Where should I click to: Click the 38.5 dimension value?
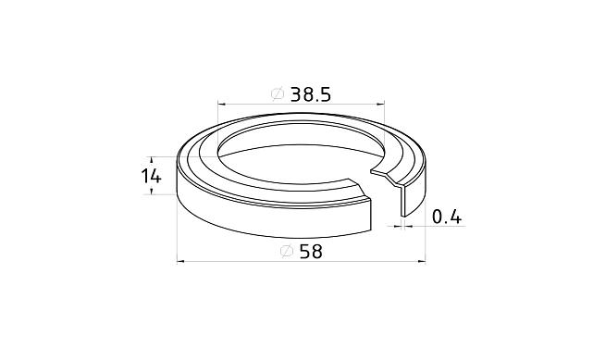pyautogui.click(x=311, y=94)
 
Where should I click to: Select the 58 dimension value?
pyautogui.click(x=311, y=252)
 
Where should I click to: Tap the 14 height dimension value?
pyautogui.click(x=151, y=176)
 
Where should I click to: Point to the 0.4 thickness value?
pyautogui.click(x=447, y=217)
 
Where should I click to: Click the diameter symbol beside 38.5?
pyautogui.click(x=278, y=93)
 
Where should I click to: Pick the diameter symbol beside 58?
pyautogui.click(x=287, y=251)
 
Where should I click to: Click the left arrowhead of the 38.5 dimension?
pyautogui.click(x=222, y=103)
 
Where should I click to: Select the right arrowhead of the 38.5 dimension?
pyautogui.click(x=380, y=103)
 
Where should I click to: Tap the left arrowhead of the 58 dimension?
pyautogui.click(x=181, y=261)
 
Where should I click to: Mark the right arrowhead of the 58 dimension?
pyautogui.click(x=421, y=261)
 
